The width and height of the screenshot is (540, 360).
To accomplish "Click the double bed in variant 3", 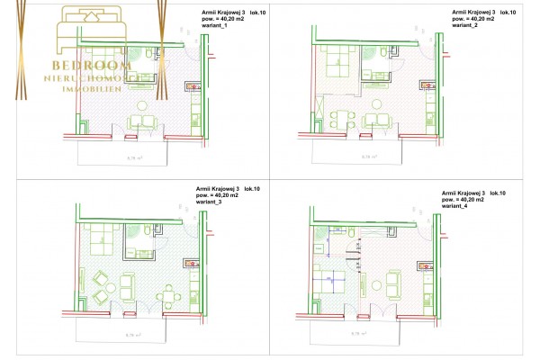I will point(103,238).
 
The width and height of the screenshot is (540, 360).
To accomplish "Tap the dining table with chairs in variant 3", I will point(168,294).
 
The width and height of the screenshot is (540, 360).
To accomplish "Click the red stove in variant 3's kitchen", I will point(191,264).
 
